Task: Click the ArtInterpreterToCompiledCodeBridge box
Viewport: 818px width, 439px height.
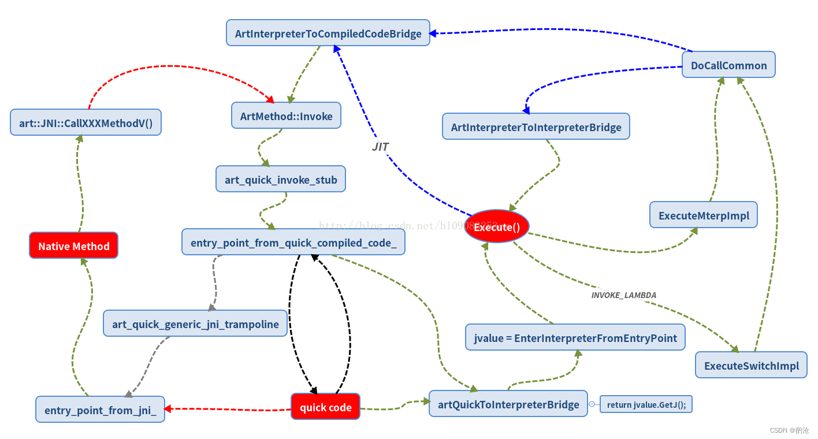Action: (328, 33)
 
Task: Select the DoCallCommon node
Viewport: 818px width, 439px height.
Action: (728, 65)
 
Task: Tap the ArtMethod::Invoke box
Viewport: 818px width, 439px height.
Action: (286, 116)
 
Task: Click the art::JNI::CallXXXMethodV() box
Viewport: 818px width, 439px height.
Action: (85, 122)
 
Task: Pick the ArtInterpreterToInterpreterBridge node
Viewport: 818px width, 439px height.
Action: (536, 127)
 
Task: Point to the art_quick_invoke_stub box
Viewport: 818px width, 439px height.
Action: (281, 179)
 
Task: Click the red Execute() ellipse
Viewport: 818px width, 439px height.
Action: (496, 226)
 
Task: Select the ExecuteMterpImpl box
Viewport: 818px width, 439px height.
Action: (703, 215)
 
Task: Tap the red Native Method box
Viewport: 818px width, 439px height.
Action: (73, 245)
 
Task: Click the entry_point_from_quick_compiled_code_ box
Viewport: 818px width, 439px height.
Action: (293, 242)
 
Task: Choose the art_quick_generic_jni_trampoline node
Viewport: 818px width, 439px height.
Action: (195, 323)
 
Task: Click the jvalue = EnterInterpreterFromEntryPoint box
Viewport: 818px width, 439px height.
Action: (575, 337)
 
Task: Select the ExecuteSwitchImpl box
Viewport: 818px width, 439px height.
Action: (751, 365)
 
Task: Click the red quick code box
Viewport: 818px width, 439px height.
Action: (325, 407)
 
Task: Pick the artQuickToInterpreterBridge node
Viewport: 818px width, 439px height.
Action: (508, 404)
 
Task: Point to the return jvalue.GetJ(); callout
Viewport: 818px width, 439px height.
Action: (646, 404)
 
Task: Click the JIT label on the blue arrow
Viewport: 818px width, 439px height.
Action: (380, 147)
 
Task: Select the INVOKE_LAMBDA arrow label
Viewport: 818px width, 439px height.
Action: (623, 295)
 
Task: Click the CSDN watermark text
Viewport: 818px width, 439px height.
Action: (789, 430)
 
